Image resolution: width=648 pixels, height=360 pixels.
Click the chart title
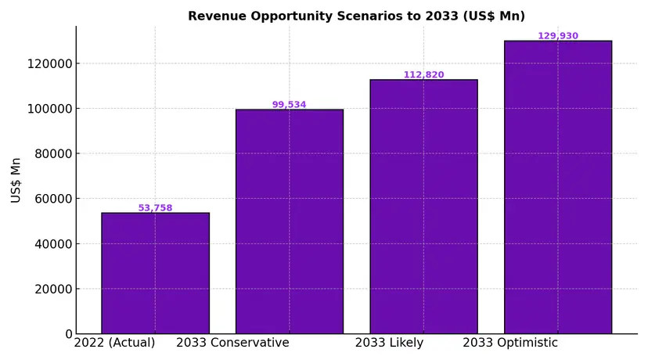[356, 16]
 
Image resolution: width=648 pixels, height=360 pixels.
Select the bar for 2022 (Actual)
[155, 273]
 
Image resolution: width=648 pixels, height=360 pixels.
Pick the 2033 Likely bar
[423, 207]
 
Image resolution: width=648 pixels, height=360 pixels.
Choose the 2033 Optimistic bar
[558, 187]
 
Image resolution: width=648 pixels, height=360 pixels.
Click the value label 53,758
[155, 208]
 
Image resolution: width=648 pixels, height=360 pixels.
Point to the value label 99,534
[290, 105]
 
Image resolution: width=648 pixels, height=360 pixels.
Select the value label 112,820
[423, 75]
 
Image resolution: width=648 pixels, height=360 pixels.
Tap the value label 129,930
[558, 36]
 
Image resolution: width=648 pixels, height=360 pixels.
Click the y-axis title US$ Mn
[16, 180]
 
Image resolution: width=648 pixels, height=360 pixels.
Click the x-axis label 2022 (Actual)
[114, 343]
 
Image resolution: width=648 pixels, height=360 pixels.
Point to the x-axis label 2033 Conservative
[232, 343]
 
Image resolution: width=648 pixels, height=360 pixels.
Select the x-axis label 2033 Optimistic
[510, 343]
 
